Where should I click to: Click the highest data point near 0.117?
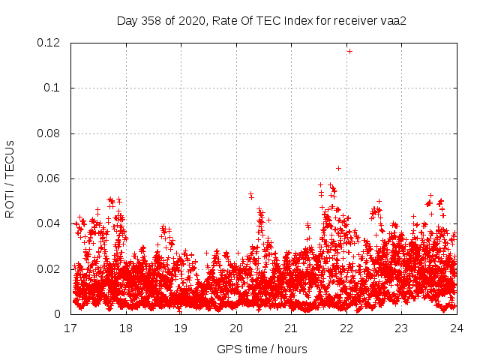349,51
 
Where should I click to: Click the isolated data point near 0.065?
338,168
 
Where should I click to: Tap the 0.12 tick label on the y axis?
50,43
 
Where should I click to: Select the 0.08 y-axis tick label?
50,133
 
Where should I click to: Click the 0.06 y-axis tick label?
50,178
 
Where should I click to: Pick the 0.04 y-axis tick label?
50,223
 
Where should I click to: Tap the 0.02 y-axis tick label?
50,269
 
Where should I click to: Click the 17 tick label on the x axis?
70,328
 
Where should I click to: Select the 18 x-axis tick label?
126,328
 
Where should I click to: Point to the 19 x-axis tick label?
181,328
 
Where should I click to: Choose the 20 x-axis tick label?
236,328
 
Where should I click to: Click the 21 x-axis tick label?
291,328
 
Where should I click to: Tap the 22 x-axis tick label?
346,328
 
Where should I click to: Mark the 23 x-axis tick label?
401,328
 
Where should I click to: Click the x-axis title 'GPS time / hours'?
262,349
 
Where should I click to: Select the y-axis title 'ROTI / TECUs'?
10,178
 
